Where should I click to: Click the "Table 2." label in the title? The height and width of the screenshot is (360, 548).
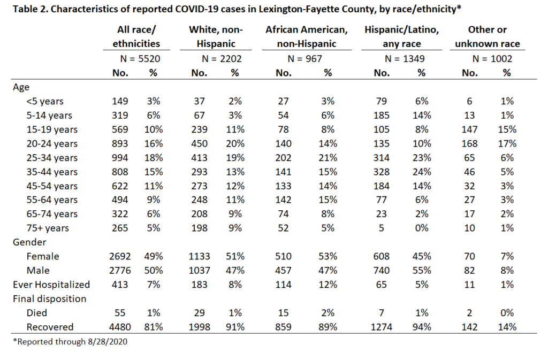click(31, 9)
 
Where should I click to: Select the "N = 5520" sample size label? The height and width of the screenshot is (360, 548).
click(140, 59)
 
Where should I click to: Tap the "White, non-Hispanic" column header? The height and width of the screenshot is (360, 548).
click(216, 37)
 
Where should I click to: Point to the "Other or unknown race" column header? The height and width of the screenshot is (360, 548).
click(487, 37)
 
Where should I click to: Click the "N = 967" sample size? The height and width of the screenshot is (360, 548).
click(305, 59)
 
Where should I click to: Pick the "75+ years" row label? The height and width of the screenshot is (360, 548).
click(48, 228)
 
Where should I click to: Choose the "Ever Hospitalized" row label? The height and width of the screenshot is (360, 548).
click(51, 285)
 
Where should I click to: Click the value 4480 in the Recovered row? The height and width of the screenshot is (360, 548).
click(120, 327)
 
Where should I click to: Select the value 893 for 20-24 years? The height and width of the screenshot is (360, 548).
click(120, 143)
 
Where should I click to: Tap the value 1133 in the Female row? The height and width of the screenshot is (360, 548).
click(200, 256)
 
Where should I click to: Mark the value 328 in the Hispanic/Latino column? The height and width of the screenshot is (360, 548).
click(381, 172)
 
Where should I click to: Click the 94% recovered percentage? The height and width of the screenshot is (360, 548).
click(422, 327)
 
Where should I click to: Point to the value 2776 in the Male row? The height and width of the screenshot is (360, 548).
click(120, 271)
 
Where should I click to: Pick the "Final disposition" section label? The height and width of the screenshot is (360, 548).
click(50, 299)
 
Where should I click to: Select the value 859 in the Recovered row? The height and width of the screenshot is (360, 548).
click(283, 327)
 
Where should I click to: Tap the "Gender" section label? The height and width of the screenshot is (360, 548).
click(29, 242)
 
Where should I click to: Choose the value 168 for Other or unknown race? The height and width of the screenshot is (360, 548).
click(469, 143)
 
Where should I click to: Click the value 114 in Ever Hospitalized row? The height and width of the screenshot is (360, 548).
click(283, 285)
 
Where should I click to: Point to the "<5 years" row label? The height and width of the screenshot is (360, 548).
click(45, 101)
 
